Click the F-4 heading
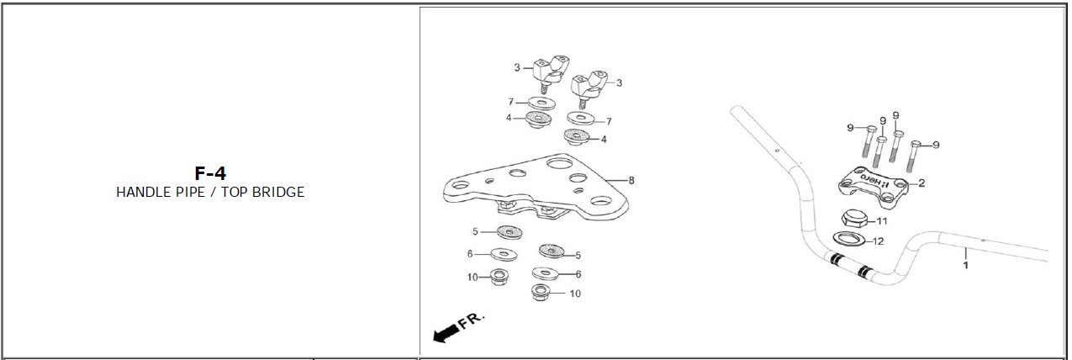[210, 172]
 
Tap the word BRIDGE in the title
[278, 192]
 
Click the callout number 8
[631, 181]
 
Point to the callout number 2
[921, 183]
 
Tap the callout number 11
[881, 221]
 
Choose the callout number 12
[878, 241]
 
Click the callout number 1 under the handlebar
[966, 265]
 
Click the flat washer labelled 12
[850, 238]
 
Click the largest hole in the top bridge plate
[560, 163]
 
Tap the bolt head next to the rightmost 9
[916, 145]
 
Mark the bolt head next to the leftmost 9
[872, 130]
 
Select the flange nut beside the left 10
[499, 277]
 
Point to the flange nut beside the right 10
[541, 292]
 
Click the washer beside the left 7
[541, 103]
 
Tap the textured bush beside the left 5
[510, 233]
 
